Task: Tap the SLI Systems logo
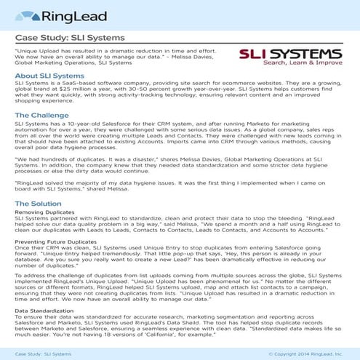pos(291,55)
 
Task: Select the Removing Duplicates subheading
pos(47,212)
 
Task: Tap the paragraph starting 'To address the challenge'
pos(178,287)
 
